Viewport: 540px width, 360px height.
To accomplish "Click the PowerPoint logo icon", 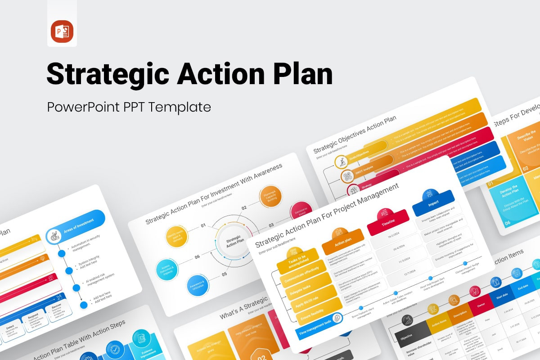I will point(62,31).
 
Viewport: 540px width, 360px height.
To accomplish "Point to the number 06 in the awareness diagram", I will point(197,257).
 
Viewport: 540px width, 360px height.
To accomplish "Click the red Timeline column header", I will point(387,222).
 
